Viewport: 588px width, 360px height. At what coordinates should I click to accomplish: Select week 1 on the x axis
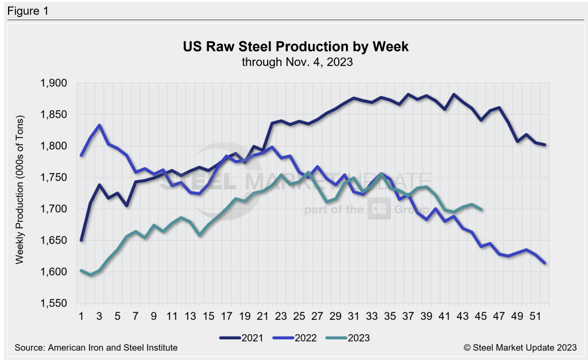[x=82, y=315]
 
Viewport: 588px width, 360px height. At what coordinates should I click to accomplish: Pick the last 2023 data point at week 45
[x=481, y=209]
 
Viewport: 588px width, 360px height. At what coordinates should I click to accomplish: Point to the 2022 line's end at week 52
[x=544, y=263]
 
